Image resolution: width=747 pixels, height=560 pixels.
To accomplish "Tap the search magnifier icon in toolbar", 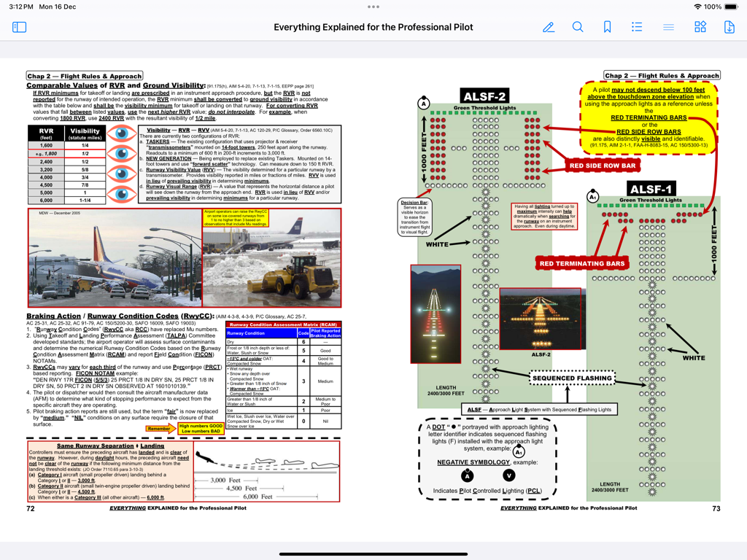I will (578, 27).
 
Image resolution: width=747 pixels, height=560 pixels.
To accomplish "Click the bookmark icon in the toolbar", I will (607, 27).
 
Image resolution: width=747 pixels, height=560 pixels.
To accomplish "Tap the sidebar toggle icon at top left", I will (20, 27).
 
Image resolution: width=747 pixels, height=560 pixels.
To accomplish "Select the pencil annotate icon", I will (549, 27).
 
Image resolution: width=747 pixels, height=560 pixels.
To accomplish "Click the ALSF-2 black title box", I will (485, 96).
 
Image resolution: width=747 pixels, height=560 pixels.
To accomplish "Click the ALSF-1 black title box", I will (651, 189).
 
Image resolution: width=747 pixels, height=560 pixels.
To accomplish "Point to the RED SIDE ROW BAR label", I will (603, 166).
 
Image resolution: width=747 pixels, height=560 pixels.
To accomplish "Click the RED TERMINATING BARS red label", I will (581, 263).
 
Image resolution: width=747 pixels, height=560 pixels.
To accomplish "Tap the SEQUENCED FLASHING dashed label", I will (572, 378).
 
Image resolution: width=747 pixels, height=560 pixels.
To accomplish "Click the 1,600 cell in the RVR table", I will (45, 146).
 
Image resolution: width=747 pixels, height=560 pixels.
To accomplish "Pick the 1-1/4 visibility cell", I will (85, 200).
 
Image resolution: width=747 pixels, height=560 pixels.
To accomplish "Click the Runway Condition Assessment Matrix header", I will (282, 324).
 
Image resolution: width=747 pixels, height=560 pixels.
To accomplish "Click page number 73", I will (716, 508).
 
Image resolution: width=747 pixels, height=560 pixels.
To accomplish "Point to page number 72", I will (31, 508).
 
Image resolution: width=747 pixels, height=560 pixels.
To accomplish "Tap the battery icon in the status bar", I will (730, 7).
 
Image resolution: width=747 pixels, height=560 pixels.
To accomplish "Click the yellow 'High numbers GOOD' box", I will (201, 428).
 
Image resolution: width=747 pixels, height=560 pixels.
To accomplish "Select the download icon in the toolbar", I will (729, 27).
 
